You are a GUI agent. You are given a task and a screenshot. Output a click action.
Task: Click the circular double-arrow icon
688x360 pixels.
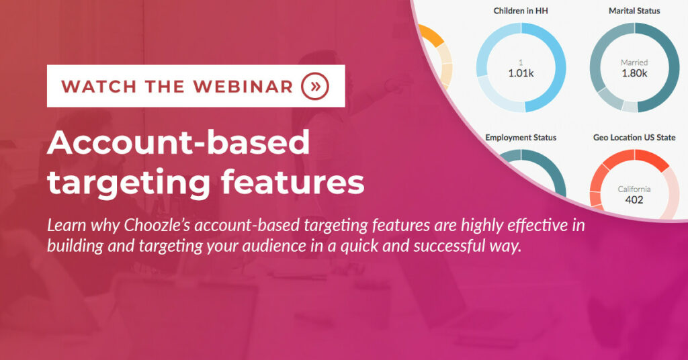(x=315, y=86)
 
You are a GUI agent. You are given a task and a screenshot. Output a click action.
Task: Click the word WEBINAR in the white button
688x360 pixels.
(x=243, y=87)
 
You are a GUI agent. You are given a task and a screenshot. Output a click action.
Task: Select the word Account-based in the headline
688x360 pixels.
(x=179, y=142)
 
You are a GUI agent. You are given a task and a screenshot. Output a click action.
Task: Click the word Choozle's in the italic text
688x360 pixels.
(x=157, y=225)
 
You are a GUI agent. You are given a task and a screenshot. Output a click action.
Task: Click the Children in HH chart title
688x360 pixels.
(x=521, y=11)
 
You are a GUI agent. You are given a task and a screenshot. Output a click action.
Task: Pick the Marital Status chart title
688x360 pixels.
(x=634, y=11)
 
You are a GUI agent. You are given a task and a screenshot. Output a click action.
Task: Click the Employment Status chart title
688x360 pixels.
(x=521, y=138)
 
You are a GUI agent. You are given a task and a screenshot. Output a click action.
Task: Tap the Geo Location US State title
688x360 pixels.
(x=634, y=138)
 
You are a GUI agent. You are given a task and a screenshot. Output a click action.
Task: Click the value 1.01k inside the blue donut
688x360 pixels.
(x=521, y=73)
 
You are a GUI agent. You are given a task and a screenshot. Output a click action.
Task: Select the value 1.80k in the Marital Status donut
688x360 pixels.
(x=634, y=73)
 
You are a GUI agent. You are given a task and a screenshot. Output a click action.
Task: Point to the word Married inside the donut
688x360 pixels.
(x=634, y=62)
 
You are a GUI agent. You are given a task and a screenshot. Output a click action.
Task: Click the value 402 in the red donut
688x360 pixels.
(x=634, y=200)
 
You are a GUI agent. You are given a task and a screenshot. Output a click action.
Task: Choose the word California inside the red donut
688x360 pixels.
(x=634, y=189)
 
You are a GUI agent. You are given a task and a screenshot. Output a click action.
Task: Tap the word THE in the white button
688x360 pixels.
(x=165, y=87)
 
